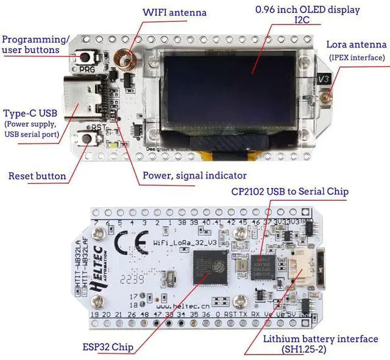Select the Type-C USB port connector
tap(86, 99)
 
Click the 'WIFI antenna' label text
tap(174, 12)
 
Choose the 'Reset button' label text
tap(37, 176)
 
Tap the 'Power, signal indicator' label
tap(194, 175)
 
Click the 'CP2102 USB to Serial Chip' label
tap(289, 192)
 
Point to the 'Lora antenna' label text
tap(356, 44)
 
